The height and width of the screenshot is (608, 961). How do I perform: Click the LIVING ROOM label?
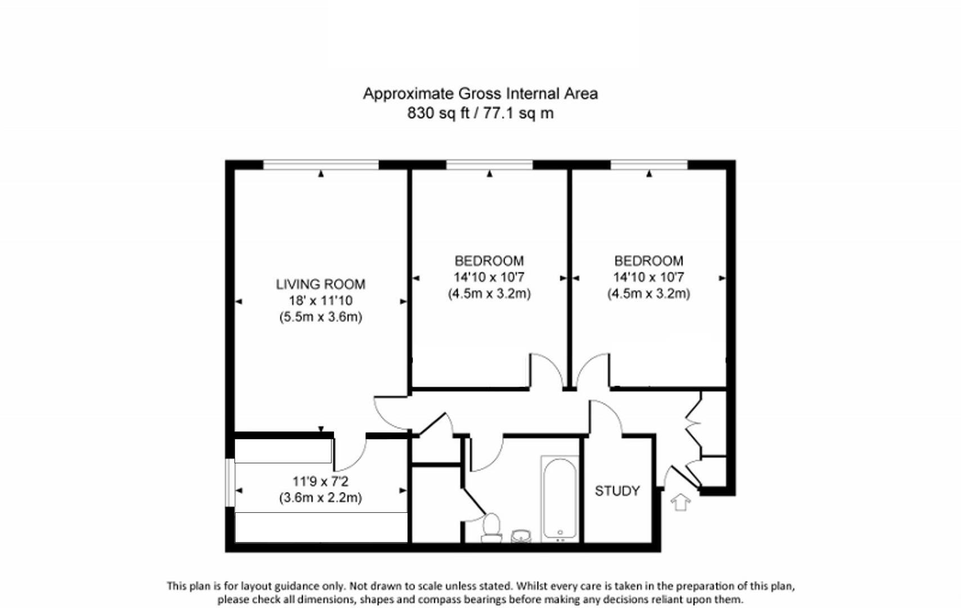pos(321,284)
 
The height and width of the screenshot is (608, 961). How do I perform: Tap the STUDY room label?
pos(617,491)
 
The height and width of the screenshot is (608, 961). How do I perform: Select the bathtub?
pos(560,499)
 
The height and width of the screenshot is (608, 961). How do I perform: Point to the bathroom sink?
pos(521,535)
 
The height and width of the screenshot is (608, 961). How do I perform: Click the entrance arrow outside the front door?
pos(680,502)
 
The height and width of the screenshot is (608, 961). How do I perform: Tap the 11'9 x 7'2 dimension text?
pos(320,481)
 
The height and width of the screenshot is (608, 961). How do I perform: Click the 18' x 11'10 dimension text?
pos(321,301)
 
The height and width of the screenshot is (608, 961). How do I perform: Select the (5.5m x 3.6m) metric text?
pos(321,317)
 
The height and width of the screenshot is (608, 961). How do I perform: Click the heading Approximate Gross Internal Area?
pos(480,93)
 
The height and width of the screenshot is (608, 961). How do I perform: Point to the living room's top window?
pos(321,164)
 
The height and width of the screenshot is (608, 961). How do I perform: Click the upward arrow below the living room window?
pos(321,174)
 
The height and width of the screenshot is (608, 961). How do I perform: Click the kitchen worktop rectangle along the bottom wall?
pos(321,527)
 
